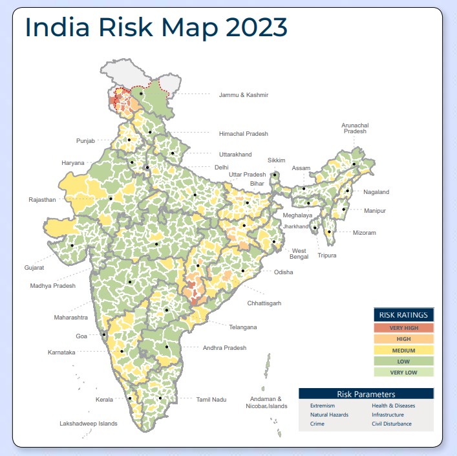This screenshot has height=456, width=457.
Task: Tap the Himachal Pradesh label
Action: click(x=243, y=134)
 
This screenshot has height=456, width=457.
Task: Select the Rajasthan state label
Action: click(x=42, y=200)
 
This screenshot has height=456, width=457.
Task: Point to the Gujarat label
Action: click(x=35, y=266)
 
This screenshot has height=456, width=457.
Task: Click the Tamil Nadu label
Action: click(x=211, y=400)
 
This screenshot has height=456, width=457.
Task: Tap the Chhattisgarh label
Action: click(x=264, y=303)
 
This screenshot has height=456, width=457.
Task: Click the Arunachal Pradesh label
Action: click(x=355, y=127)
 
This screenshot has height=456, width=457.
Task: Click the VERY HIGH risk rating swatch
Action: click(x=404, y=328)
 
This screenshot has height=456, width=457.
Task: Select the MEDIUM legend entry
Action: click(x=404, y=350)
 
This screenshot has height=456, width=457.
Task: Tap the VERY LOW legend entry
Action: click(x=404, y=372)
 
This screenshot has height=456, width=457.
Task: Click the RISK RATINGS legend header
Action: click(x=404, y=315)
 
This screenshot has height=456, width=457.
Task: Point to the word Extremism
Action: click(x=323, y=406)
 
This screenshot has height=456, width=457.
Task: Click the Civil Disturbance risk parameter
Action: click(x=392, y=424)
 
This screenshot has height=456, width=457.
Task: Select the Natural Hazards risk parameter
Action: click(x=330, y=415)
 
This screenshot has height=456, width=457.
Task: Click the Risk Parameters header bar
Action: click(x=366, y=394)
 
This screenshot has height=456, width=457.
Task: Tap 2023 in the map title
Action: click(x=249, y=27)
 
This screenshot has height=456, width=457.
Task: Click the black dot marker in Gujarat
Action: click(x=72, y=246)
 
